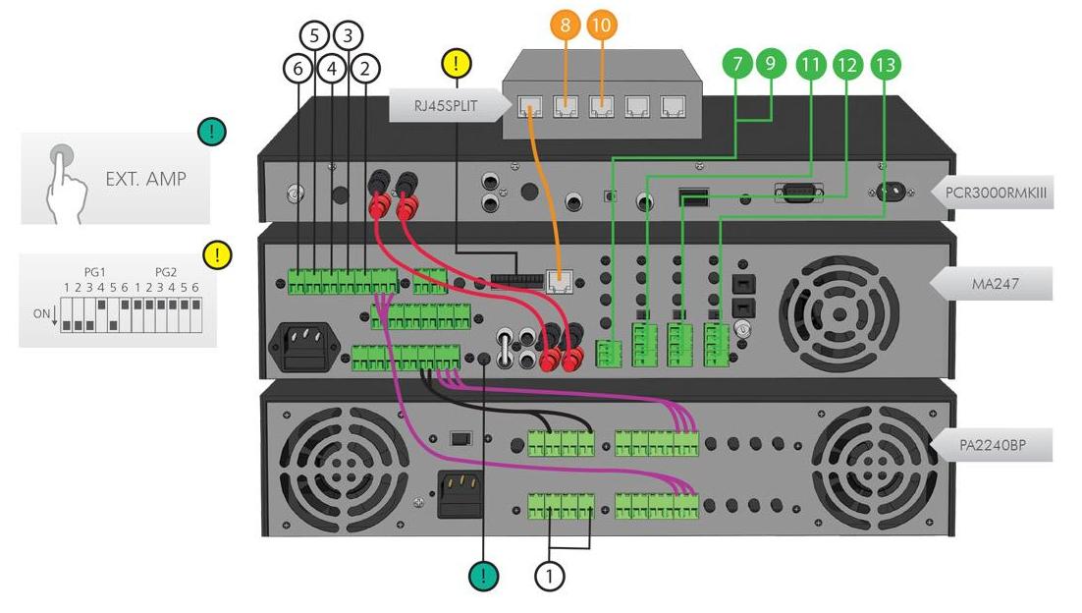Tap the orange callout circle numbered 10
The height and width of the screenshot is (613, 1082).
pyautogui.click(x=602, y=26)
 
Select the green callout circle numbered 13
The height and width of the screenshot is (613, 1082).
pyautogui.click(x=884, y=65)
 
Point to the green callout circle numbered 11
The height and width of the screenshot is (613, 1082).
pyautogui.click(x=810, y=65)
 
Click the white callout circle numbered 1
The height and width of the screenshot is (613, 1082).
pyautogui.click(x=550, y=576)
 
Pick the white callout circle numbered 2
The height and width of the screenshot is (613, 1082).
pyautogui.click(x=365, y=68)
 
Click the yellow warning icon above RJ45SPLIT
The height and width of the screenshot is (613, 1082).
pyautogui.click(x=458, y=64)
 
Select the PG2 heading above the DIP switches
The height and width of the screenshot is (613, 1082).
pyautogui.click(x=166, y=271)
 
